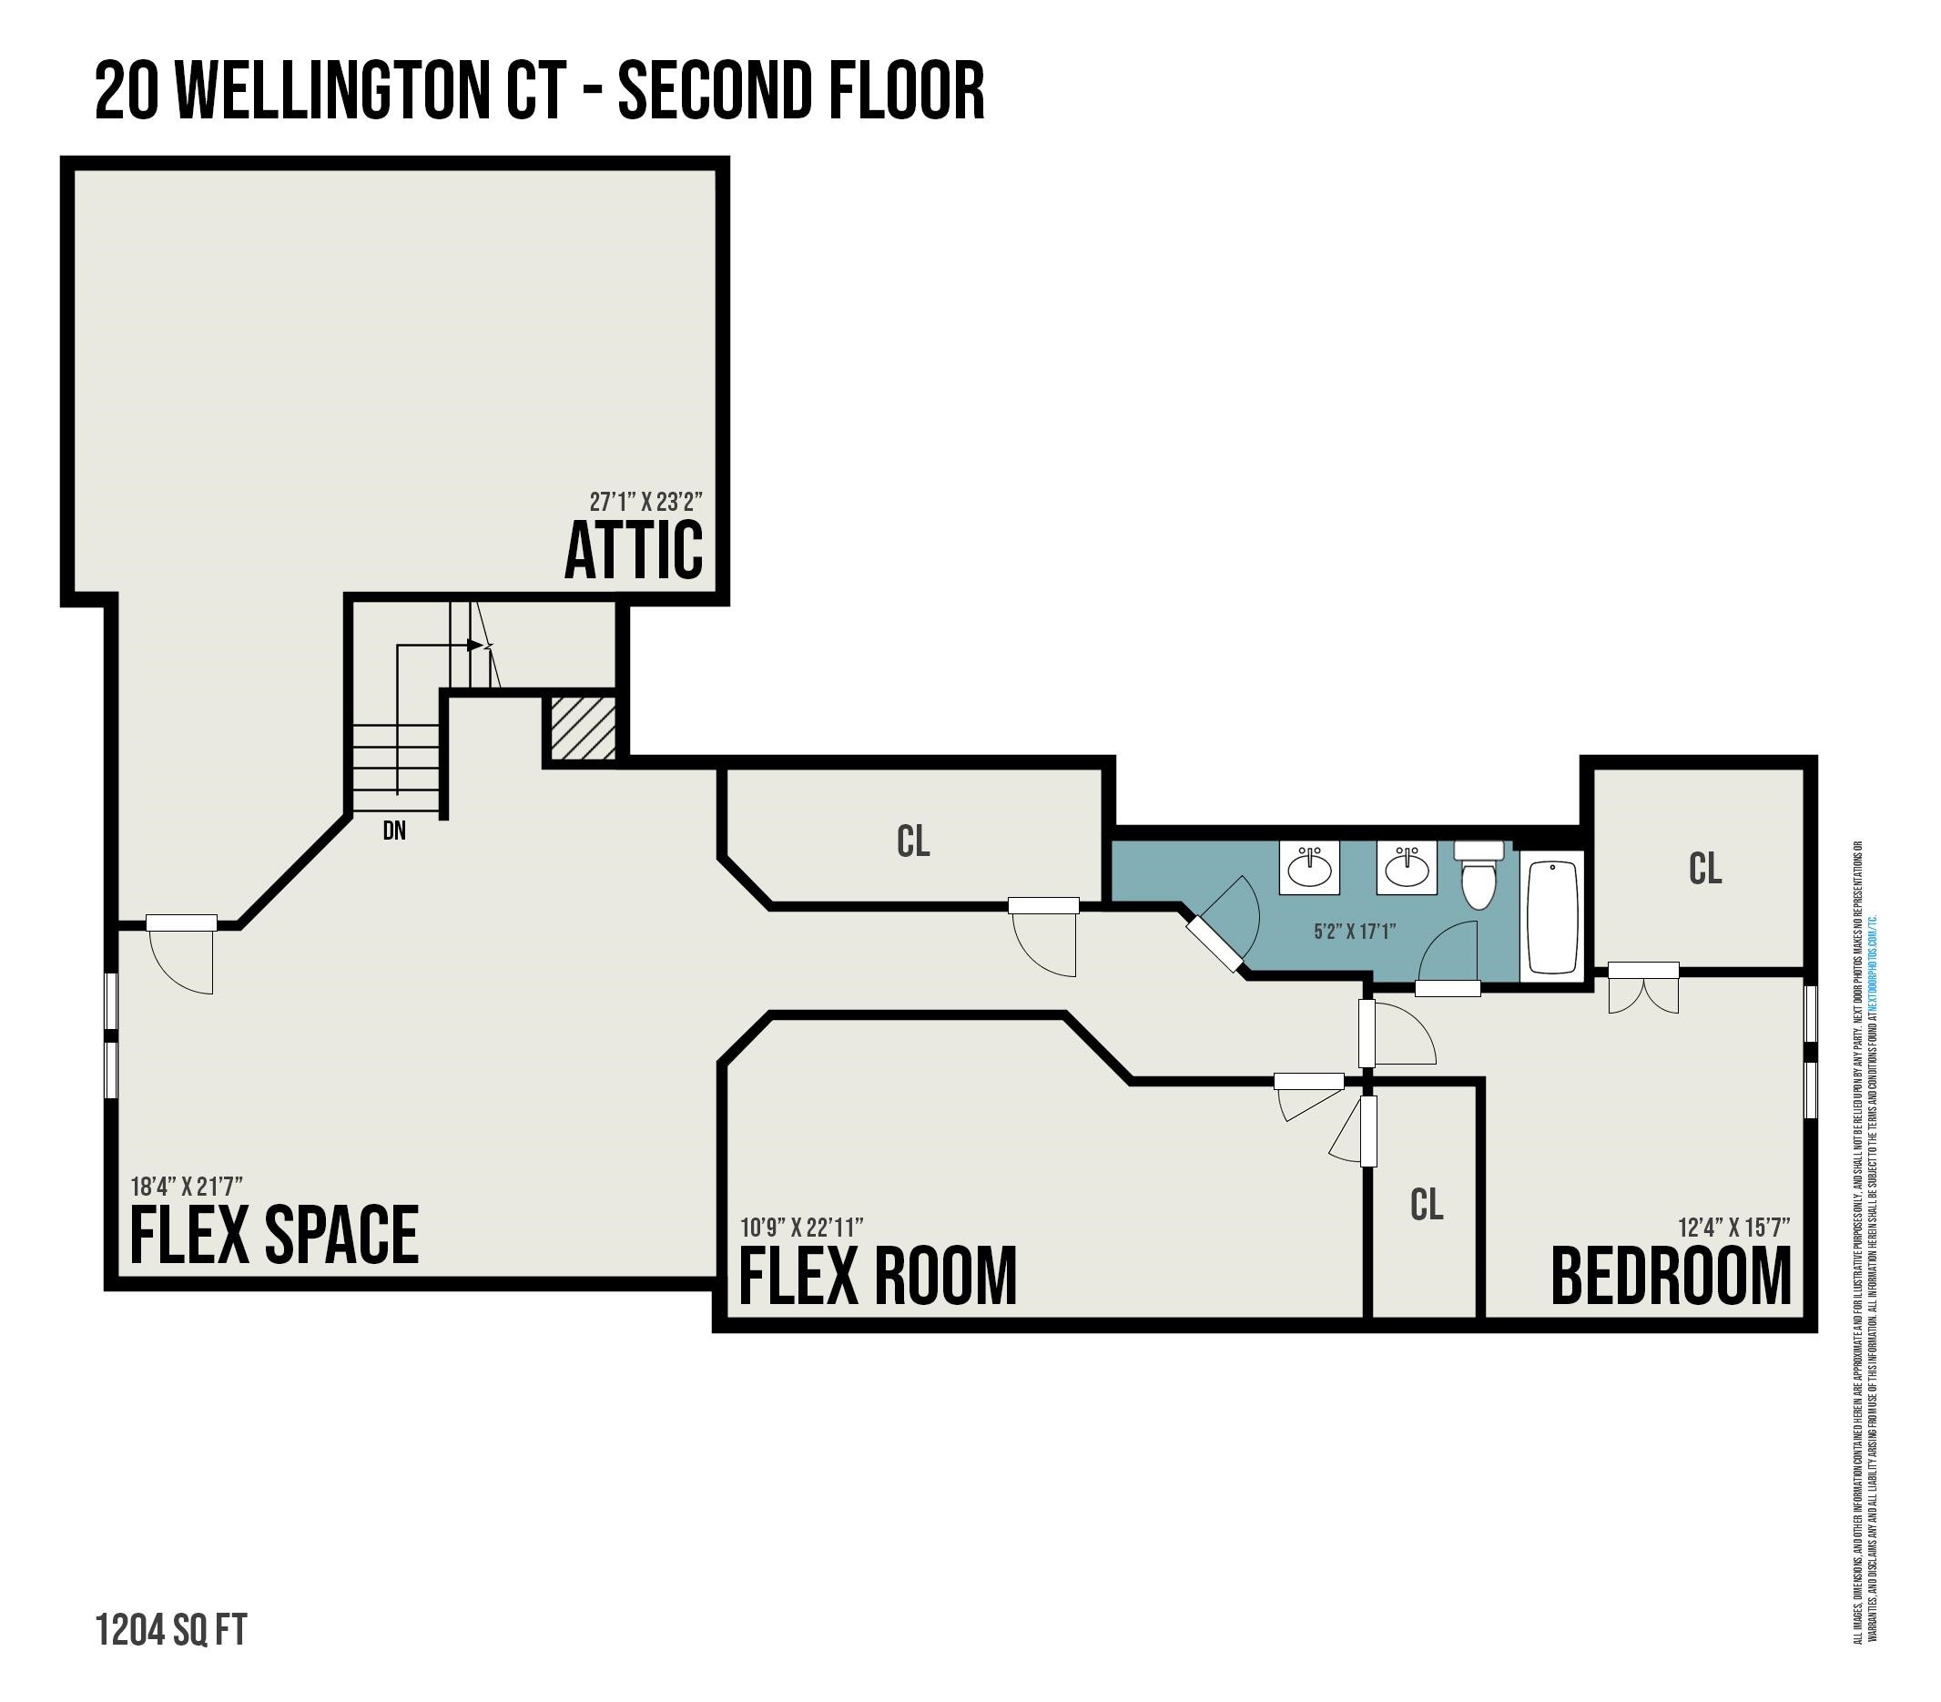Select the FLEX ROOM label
pyautogui.click(x=878, y=1277)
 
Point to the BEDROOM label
pyautogui.click(x=1671, y=1277)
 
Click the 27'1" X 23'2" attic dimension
pyautogui.click(x=645, y=501)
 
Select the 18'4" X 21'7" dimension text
pyautogui.click(x=186, y=1187)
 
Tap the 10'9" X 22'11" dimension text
pyautogui.click(x=801, y=1228)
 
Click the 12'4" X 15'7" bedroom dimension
pyautogui.click(x=1733, y=1228)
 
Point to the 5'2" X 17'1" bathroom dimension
pyautogui.click(x=1354, y=932)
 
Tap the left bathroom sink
pyautogui.click(x=1309, y=867)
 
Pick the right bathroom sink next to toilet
pyautogui.click(x=1407, y=867)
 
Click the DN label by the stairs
pyautogui.click(x=394, y=831)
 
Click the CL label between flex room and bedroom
pyautogui.click(x=1427, y=1204)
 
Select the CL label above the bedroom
pyautogui.click(x=1705, y=868)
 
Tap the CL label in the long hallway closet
pyautogui.click(x=912, y=841)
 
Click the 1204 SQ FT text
pyautogui.click(x=171, y=1630)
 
